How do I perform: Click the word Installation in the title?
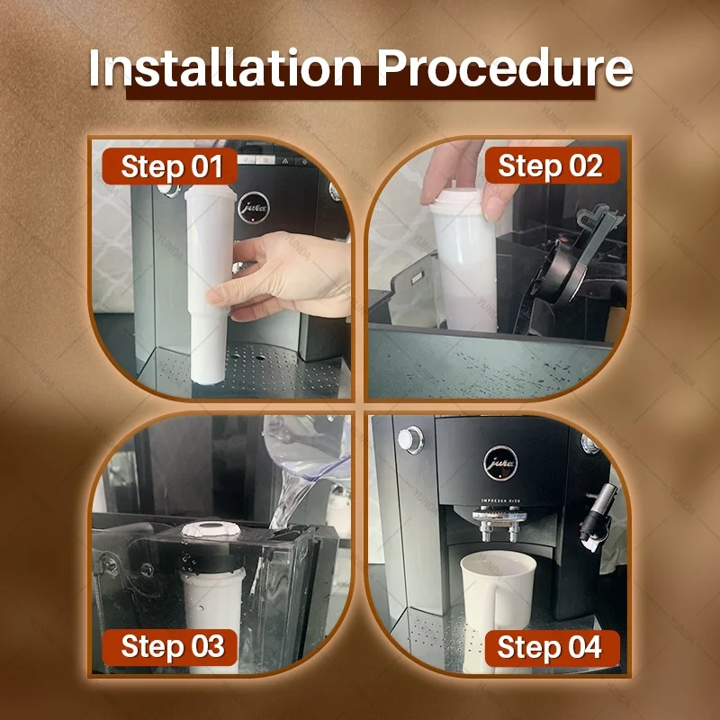click(226, 68)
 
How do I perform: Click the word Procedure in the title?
click(505, 68)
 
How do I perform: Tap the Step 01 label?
click(170, 166)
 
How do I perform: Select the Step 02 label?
click(550, 166)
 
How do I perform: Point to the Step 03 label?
click(170, 646)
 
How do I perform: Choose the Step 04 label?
click(550, 648)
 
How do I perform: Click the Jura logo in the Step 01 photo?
click(254, 208)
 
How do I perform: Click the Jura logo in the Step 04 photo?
click(500, 463)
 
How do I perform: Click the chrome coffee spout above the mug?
click(499, 521)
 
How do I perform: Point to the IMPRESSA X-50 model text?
click(500, 500)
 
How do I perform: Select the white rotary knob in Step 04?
click(410, 440)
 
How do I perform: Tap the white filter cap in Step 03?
click(211, 529)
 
